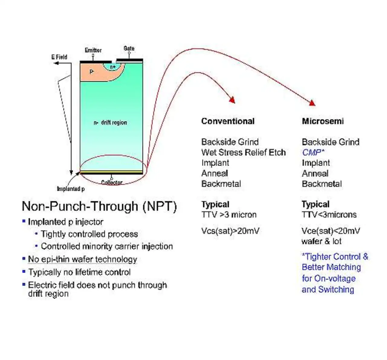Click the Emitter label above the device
(x=93, y=50)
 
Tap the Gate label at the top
(x=129, y=48)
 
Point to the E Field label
(x=59, y=57)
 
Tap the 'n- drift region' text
(x=110, y=123)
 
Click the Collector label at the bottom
(x=112, y=182)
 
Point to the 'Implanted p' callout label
(x=71, y=189)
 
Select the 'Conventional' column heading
(x=228, y=121)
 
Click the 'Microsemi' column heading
(x=323, y=121)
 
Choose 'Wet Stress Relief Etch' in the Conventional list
(x=243, y=152)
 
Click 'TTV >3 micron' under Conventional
(x=229, y=215)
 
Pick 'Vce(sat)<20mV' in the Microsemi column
(x=331, y=231)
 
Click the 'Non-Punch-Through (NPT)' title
(x=99, y=207)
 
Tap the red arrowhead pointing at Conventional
(x=232, y=100)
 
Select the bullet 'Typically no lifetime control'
(x=79, y=272)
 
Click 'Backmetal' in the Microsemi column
(x=322, y=184)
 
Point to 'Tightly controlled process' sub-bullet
(x=89, y=234)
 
